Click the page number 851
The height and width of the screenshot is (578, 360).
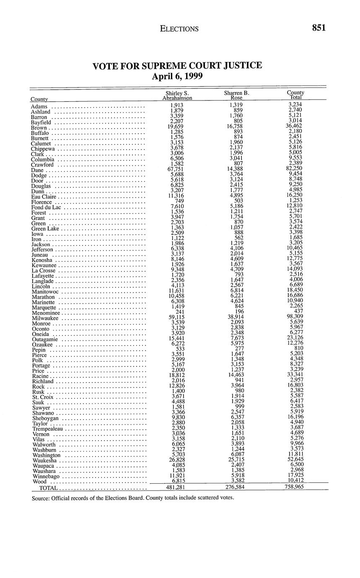point(319,28)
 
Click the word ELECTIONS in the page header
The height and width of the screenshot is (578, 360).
point(179,29)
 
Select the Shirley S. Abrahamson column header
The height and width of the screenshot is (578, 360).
point(177,95)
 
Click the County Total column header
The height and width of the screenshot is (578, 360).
point(295,95)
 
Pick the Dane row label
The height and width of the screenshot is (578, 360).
point(38,170)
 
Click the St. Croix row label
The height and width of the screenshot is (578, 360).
point(42,397)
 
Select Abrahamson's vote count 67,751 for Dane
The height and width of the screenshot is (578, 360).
point(176,169)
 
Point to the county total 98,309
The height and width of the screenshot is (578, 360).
point(295,317)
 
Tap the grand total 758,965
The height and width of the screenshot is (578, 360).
point(295,487)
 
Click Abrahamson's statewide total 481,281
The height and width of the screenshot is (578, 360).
point(176,487)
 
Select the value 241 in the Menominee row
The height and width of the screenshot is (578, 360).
point(179,311)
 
